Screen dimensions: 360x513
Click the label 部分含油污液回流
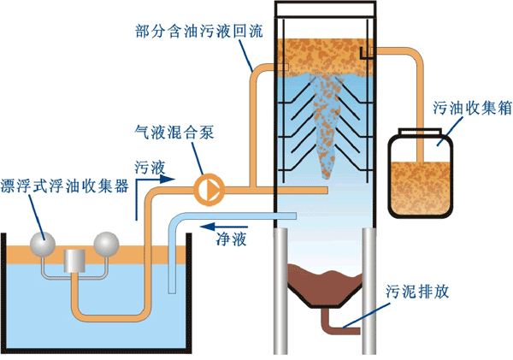200,30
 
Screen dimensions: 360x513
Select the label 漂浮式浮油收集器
65,186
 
